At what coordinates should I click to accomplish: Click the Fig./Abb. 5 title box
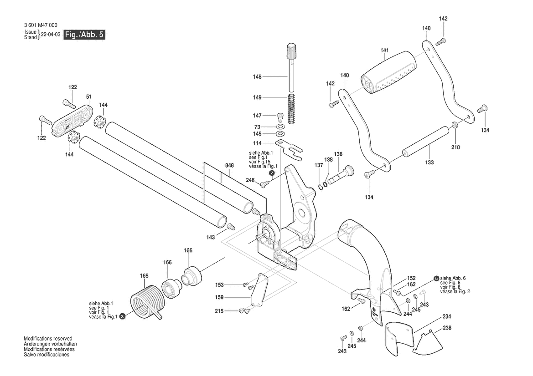[x=84, y=35]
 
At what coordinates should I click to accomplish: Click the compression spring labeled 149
[x=291, y=109]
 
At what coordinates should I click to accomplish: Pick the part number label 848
[x=229, y=166]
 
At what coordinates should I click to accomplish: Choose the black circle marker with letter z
[x=272, y=173]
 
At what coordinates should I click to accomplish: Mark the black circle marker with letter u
[x=436, y=279]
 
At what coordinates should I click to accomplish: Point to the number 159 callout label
[x=219, y=297]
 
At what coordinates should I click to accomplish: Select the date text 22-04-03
[x=51, y=35]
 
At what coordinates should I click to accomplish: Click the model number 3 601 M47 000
[x=41, y=25]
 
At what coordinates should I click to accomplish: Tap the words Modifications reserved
[x=48, y=339]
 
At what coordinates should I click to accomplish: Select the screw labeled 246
[x=265, y=183]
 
